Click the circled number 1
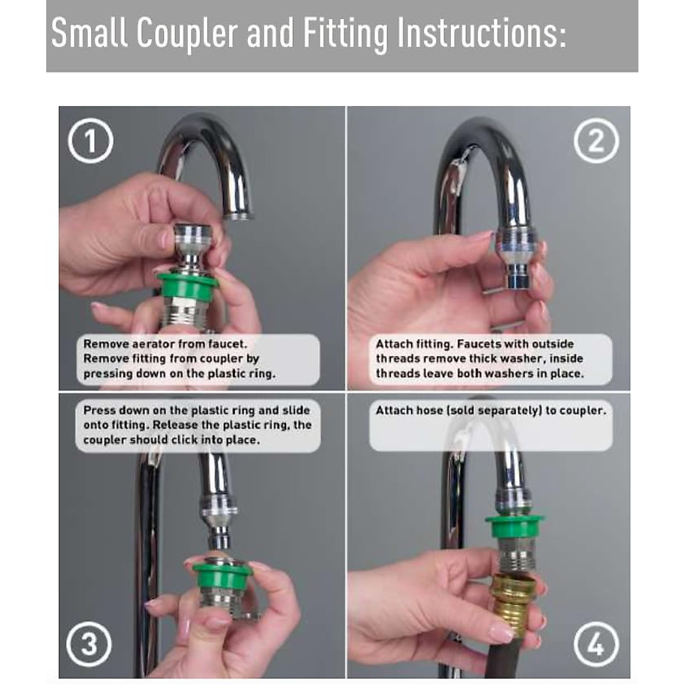[91, 141]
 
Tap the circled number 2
[596, 141]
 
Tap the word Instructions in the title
[481, 34]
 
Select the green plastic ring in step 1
[188, 286]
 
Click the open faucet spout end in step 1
[238, 215]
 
